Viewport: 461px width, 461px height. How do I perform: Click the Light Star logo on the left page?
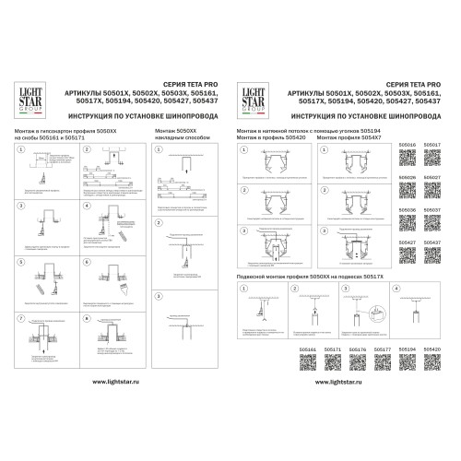[32, 98]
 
